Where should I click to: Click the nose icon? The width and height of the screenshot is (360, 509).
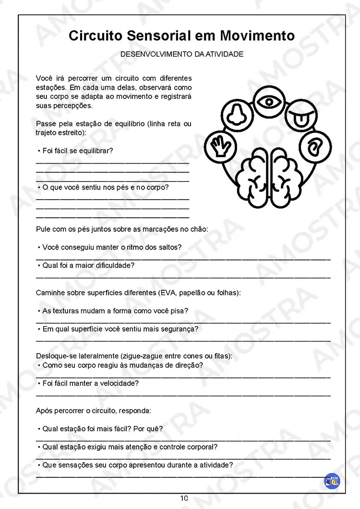[x=235, y=115]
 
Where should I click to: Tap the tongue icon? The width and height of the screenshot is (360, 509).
[x=301, y=117]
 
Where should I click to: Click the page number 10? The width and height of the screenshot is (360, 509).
[x=184, y=498]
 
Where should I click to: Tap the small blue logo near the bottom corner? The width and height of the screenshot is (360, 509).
[x=332, y=481]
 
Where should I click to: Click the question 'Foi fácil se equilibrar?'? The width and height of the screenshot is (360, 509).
[x=78, y=151]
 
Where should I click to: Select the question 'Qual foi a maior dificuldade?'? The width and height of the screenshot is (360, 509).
[x=88, y=265]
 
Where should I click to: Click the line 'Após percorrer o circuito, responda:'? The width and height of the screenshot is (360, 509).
[x=94, y=411]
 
